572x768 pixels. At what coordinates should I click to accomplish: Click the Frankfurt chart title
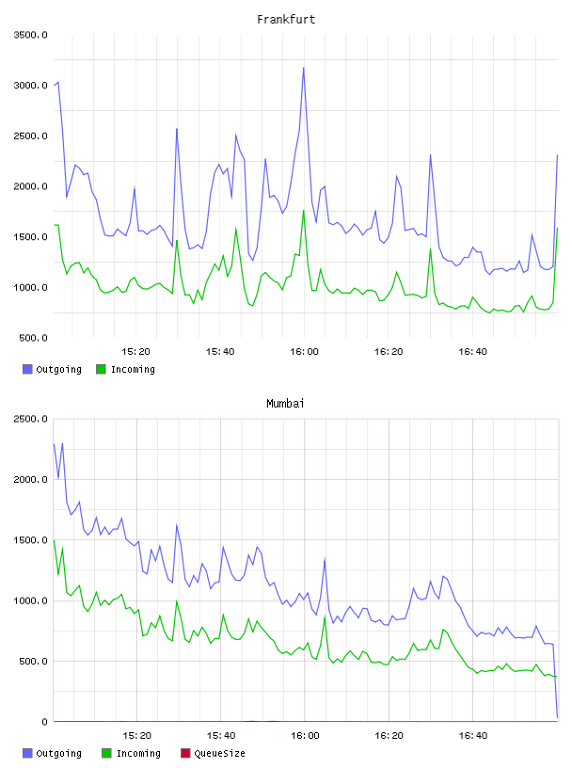point(286,20)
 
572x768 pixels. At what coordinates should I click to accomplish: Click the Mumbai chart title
point(285,404)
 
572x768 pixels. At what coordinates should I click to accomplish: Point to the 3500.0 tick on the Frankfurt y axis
point(30,35)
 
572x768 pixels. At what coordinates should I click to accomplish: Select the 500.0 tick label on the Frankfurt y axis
point(33,338)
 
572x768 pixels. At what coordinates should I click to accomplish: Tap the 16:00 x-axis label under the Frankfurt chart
point(304,352)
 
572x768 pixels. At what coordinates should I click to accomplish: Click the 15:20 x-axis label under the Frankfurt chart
point(135,352)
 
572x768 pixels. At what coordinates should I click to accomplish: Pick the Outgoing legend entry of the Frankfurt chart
point(52,369)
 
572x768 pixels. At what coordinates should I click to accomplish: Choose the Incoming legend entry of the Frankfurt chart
point(125,369)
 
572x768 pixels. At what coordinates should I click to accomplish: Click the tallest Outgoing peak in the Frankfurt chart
point(304,68)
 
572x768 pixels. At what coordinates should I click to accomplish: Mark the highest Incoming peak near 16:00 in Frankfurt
point(304,211)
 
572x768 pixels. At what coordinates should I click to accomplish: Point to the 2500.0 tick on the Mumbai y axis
point(30,419)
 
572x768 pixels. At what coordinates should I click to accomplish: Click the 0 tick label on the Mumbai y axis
point(44,722)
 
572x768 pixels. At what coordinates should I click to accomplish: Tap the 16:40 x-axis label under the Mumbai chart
point(473,736)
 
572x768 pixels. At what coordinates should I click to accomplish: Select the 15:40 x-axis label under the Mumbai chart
point(221,736)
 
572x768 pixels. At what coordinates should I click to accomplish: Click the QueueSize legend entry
point(213,753)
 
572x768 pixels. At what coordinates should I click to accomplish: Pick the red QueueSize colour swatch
point(185,753)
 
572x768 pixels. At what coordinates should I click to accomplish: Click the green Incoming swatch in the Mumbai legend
point(106,753)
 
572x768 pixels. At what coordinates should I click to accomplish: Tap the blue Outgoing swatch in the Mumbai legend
point(27,753)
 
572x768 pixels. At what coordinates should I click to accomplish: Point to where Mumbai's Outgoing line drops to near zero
point(557,717)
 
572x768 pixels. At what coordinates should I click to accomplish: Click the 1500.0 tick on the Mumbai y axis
point(30,539)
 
